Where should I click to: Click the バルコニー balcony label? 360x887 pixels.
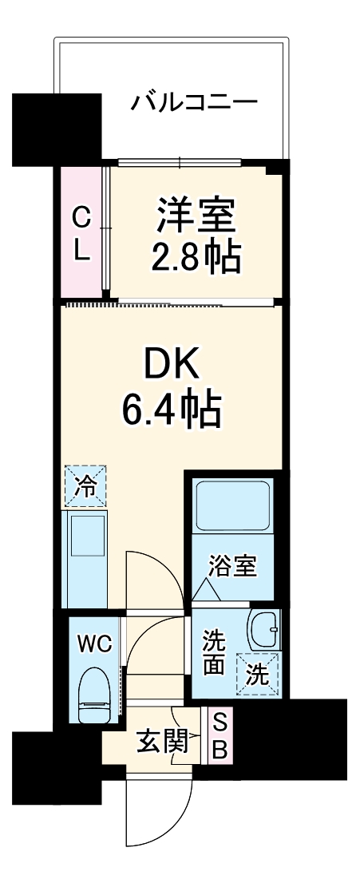coord(195,103)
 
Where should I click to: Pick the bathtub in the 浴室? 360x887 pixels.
coord(233,508)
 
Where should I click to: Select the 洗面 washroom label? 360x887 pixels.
coord(213,651)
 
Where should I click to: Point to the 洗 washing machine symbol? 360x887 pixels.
coord(257,673)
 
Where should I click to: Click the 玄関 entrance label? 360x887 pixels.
coord(158,742)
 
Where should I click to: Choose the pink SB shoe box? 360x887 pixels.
coord(220,737)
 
